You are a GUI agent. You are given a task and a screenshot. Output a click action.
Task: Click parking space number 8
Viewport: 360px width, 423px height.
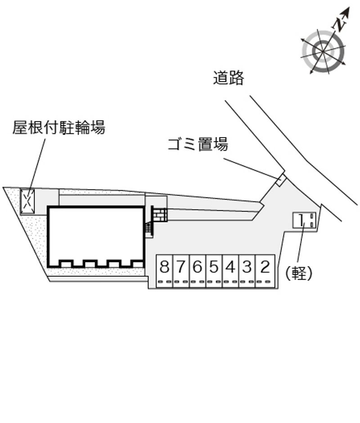(x=165, y=271)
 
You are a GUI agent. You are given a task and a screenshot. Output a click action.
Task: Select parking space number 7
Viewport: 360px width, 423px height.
(x=181, y=271)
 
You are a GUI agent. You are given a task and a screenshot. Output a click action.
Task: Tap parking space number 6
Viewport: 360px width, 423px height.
(x=198, y=271)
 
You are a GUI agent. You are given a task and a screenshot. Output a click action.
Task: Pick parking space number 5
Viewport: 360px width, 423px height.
(x=214, y=271)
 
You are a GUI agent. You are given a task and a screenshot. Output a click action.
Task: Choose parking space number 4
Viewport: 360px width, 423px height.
(x=231, y=271)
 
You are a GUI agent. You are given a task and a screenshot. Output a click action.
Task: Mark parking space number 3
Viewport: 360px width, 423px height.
(x=247, y=271)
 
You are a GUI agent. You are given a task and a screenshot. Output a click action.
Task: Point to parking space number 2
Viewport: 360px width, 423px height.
(x=265, y=271)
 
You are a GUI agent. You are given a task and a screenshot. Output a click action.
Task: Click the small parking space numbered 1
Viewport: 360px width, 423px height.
(x=304, y=220)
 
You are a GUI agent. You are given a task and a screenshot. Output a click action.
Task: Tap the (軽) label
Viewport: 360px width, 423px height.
(x=299, y=274)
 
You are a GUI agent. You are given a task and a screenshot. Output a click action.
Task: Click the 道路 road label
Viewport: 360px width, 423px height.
(x=229, y=78)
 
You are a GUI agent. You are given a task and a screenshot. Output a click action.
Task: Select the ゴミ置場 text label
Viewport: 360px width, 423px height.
(x=198, y=144)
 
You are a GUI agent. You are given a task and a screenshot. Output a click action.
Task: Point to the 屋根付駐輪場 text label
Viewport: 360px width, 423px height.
(x=59, y=127)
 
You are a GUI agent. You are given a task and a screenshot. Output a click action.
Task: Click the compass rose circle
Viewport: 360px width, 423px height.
(x=323, y=51)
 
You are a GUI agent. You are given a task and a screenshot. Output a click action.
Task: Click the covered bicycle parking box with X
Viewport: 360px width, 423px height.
(x=27, y=201)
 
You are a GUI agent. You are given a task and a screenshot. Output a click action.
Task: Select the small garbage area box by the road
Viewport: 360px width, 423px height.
(x=280, y=180)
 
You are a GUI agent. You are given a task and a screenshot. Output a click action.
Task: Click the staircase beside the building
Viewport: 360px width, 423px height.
(x=149, y=227)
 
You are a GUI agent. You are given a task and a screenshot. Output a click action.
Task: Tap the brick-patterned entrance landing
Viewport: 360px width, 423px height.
(x=160, y=215)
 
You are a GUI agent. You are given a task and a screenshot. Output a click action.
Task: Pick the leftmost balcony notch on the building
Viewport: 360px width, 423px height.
(x=66, y=263)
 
